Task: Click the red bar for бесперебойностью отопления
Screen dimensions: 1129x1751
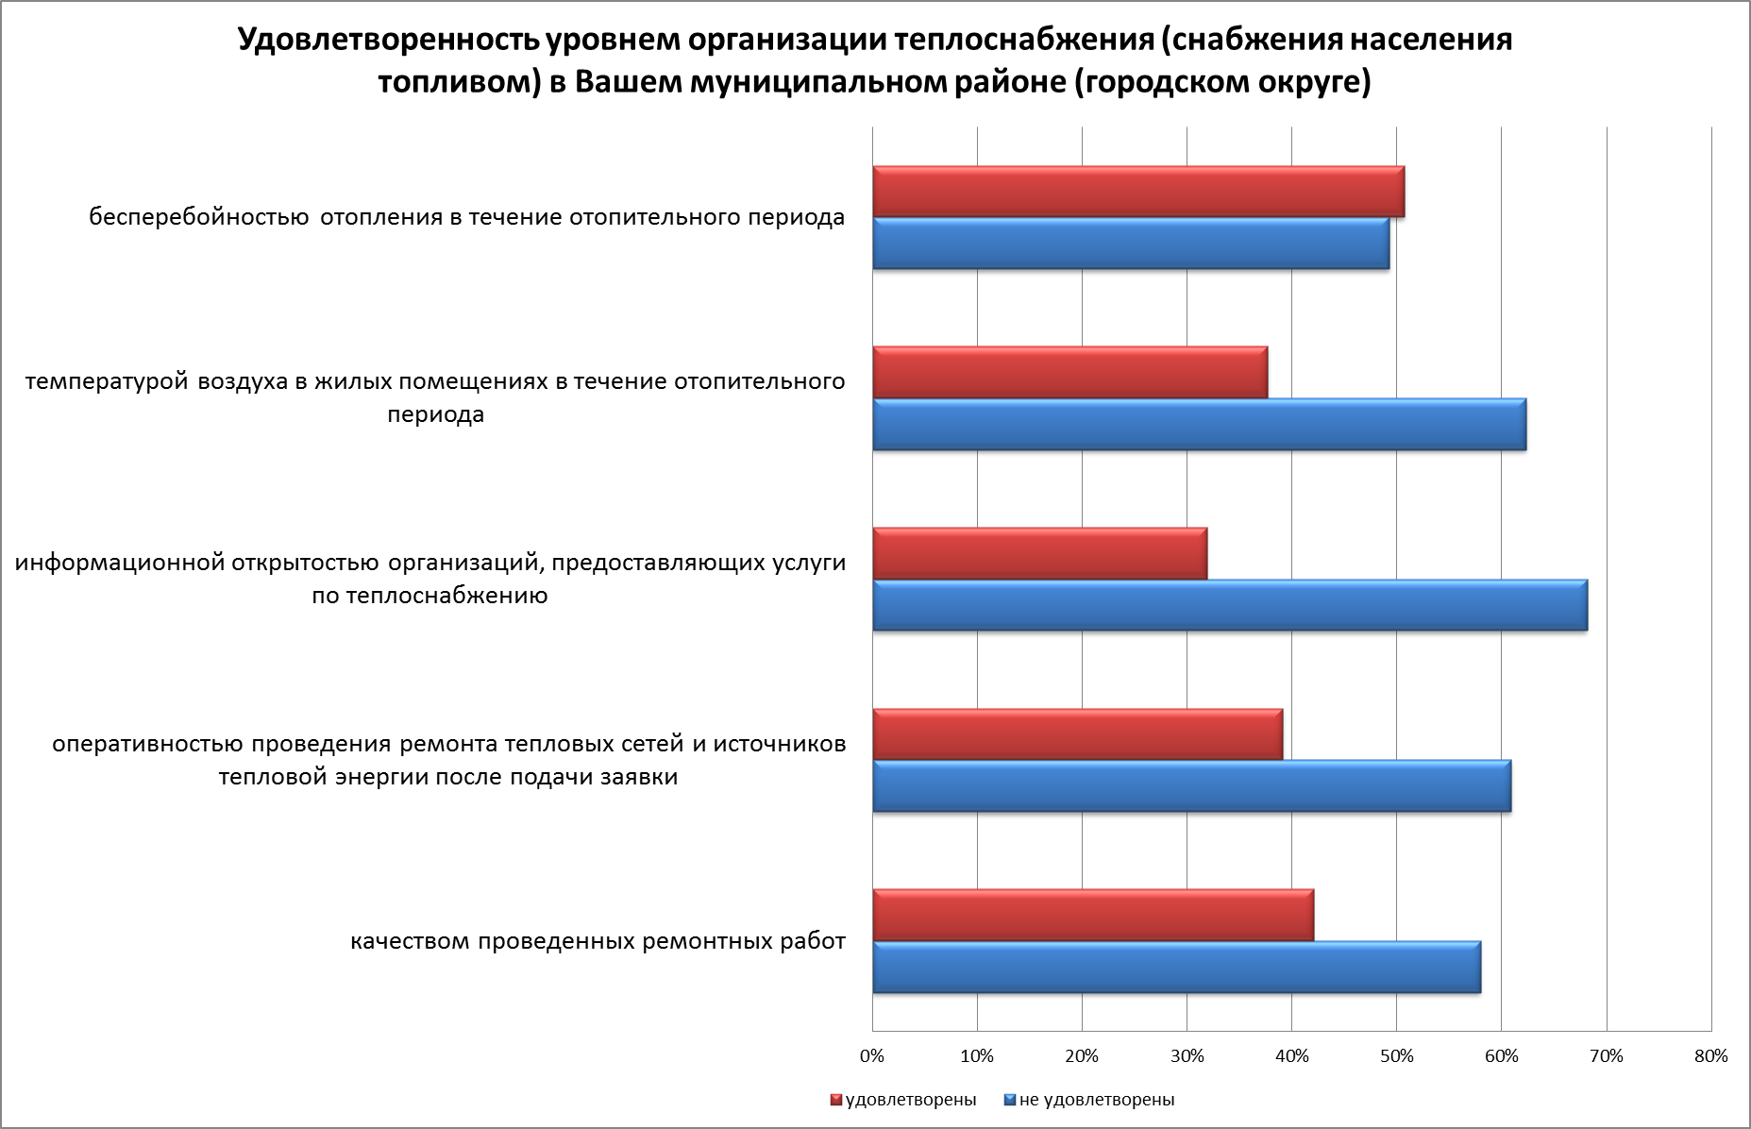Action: click(x=1137, y=192)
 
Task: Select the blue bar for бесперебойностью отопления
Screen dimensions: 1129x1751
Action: click(x=1130, y=244)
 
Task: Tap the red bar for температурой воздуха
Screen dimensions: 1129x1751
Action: click(x=1069, y=373)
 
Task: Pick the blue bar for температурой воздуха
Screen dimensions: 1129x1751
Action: click(x=1199, y=425)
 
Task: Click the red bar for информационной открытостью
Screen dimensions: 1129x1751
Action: click(x=1039, y=554)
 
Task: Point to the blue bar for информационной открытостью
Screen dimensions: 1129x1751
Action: click(x=1229, y=605)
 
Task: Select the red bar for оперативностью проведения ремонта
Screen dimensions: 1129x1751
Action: click(x=1077, y=734)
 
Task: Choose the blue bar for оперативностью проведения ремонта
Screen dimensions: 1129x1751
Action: click(x=1191, y=786)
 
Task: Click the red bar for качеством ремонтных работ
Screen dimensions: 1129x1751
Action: click(x=1092, y=916)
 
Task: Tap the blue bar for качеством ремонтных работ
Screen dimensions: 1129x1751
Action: click(x=1176, y=968)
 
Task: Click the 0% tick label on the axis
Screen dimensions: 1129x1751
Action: click(x=872, y=1056)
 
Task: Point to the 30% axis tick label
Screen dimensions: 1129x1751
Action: click(x=1187, y=1056)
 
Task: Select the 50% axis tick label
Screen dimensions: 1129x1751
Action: click(x=1396, y=1056)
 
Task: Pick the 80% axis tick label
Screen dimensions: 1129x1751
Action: click(x=1710, y=1056)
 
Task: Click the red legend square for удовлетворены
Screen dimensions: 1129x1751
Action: click(x=835, y=1100)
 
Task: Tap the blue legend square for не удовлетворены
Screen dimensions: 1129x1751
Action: click(x=1009, y=1100)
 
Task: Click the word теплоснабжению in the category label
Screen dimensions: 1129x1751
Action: click(x=446, y=597)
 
